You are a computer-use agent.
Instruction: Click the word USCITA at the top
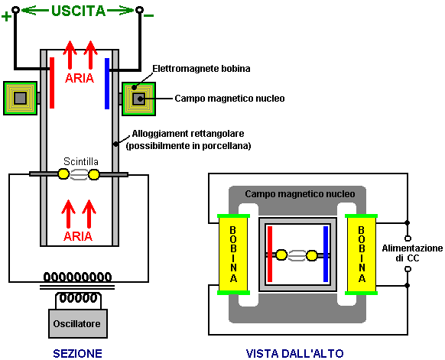pos(78,11)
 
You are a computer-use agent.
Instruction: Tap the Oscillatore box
pos(78,323)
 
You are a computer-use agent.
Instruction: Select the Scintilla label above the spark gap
pos(81,161)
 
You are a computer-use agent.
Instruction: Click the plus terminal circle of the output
pos(15,10)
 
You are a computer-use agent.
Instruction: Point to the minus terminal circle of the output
pos(139,10)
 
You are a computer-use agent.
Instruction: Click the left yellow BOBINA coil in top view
pos(233,255)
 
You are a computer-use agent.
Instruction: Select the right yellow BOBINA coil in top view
pos(362,255)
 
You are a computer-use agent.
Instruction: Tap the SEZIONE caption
pos(77,353)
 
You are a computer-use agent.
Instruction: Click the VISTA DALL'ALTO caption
pos(294,353)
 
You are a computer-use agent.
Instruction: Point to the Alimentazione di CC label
pos(412,253)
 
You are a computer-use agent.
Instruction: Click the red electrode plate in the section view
pos(52,83)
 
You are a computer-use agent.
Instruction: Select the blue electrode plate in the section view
pos(107,83)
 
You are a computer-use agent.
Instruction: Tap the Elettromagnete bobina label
pos(201,69)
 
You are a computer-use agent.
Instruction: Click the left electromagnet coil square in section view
pos(20,99)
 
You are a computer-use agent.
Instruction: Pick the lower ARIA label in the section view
pos(78,236)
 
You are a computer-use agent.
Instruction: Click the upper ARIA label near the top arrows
pos(80,78)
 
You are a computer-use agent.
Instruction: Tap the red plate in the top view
pos(270,254)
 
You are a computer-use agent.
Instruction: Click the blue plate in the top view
pos(326,254)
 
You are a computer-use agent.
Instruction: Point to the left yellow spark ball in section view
pos(63,174)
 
